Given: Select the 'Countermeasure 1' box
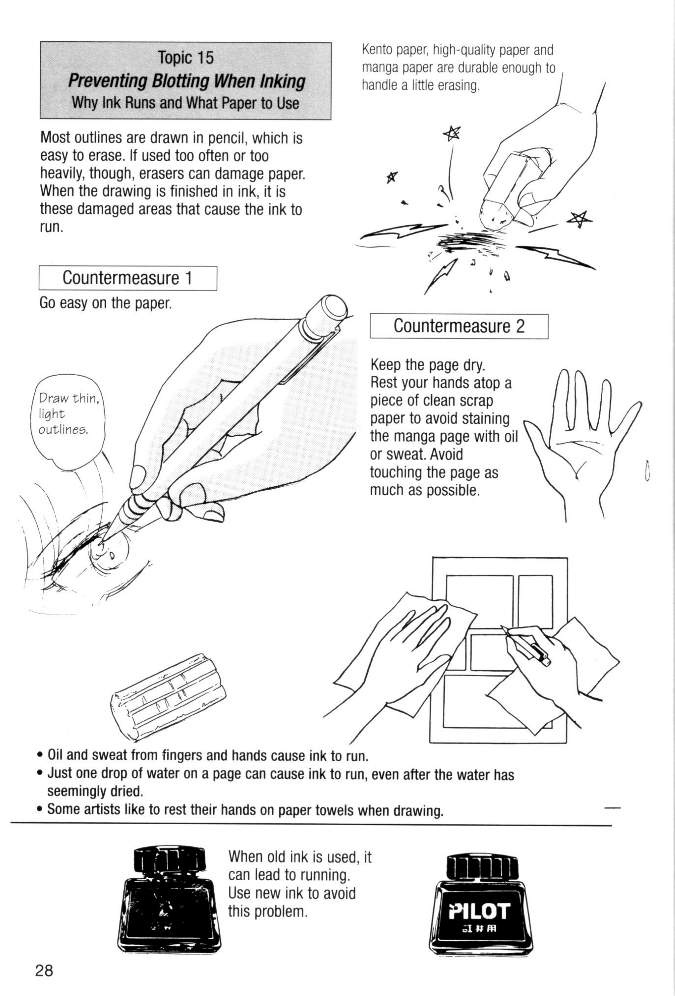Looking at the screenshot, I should pos(128,278).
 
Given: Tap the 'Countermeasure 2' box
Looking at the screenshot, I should pos(458,326).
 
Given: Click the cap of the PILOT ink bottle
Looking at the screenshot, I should pos(482,866).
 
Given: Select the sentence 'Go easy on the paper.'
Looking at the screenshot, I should pos(106,303).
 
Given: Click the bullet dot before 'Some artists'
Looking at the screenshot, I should pos(40,810).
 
